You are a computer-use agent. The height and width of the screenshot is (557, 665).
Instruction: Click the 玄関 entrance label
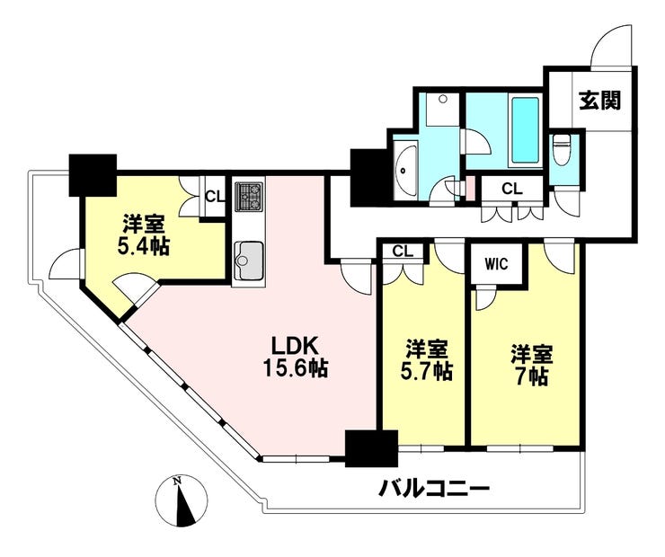[x=600, y=101]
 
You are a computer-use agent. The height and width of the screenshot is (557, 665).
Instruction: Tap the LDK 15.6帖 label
[x=296, y=358]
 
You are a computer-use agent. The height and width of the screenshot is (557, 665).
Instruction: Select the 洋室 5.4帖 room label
[x=144, y=235]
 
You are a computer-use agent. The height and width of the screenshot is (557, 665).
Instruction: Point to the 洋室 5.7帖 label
[x=426, y=360]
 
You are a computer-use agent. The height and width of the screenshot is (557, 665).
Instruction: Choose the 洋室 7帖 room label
[x=532, y=366]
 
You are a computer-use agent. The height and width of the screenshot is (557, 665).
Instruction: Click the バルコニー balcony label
[x=434, y=490]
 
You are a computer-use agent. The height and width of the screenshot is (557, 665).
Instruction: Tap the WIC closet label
[x=496, y=264]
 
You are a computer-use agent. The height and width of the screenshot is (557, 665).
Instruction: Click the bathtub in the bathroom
[x=526, y=129]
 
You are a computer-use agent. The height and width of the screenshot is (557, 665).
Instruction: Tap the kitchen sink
[x=249, y=261]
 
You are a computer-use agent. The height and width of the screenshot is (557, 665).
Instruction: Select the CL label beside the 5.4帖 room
[x=215, y=196]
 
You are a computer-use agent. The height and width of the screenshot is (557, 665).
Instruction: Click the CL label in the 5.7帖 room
[x=403, y=252]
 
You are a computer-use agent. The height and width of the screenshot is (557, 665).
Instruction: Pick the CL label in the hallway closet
[x=512, y=189]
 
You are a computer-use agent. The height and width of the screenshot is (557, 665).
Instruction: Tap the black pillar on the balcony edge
[x=371, y=448]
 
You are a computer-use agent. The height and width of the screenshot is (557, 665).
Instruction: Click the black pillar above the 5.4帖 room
[x=93, y=175]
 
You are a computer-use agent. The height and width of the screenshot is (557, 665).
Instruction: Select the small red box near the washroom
[x=470, y=188]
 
